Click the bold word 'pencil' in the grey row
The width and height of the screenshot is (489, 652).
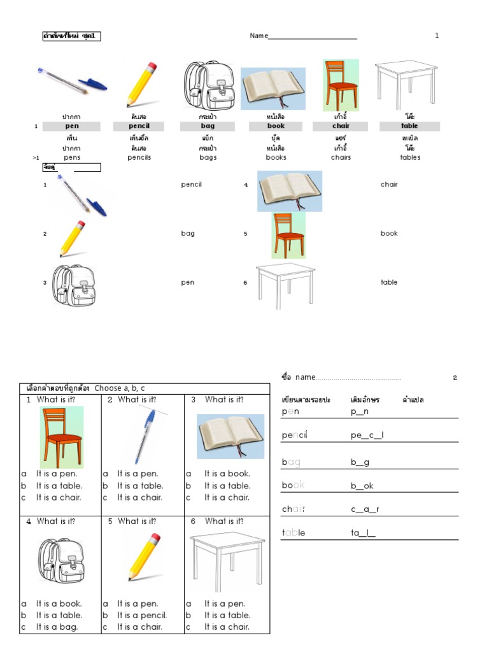click(x=139, y=126)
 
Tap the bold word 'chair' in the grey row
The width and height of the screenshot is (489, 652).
click(x=341, y=126)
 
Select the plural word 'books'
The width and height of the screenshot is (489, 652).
click(x=276, y=157)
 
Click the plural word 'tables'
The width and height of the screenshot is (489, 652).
click(x=410, y=157)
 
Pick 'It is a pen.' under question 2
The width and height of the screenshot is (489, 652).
click(x=138, y=474)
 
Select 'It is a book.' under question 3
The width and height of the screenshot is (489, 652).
click(x=227, y=474)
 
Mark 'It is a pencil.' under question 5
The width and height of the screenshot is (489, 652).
click(x=141, y=615)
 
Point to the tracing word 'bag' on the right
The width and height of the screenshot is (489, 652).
click(x=291, y=462)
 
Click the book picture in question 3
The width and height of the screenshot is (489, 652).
click(x=230, y=436)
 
